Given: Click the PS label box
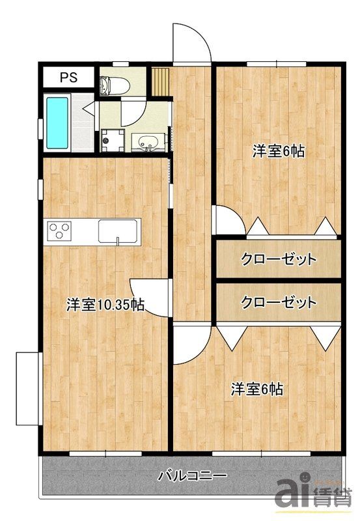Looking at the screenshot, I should pos(68,77).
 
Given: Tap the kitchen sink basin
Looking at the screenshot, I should pos(118,231).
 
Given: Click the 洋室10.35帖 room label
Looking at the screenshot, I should pos(105,304).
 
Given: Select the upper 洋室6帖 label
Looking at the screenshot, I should pos(279,152).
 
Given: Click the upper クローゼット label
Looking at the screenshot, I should pos(279,259).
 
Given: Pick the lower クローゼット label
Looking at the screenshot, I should pos(279,302).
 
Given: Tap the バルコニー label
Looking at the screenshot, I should pos(192,475).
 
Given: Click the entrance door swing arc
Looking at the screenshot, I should pos(192,42).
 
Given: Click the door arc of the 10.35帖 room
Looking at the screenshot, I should pos(146,293).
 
